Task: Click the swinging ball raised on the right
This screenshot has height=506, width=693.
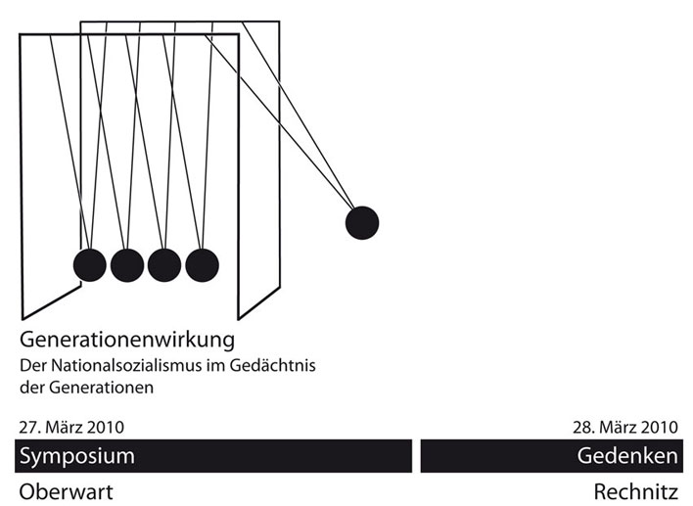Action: (361, 223)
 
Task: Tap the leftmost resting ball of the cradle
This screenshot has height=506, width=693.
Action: (89, 263)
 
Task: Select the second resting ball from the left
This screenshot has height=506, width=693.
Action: (127, 263)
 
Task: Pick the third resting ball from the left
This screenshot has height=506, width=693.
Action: (164, 263)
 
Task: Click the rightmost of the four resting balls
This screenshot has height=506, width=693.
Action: (202, 263)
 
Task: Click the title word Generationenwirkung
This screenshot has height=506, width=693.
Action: (128, 342)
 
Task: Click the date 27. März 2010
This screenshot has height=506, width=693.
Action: (71, 427)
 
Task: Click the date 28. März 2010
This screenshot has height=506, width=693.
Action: (624, 427)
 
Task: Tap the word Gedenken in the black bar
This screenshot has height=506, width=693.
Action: (627, 456)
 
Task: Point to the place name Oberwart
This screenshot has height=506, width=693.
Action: (66, 491)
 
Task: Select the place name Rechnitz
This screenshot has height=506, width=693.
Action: (635, 491)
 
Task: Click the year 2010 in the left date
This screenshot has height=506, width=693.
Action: (105, 427)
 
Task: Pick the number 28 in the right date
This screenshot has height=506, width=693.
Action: (581, 427)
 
